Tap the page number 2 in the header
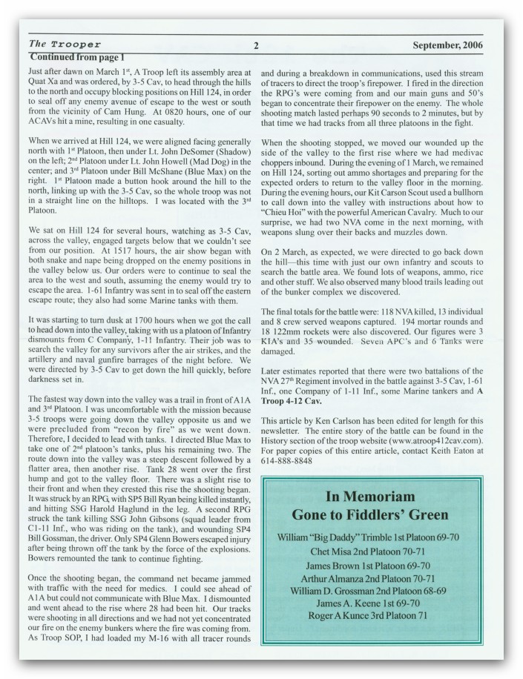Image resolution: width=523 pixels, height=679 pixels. point(256,45)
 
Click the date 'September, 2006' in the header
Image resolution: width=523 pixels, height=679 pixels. point(448,45)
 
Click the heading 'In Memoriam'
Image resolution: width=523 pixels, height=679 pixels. point(380,497)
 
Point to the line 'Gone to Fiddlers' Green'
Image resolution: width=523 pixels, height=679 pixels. point(380,515)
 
